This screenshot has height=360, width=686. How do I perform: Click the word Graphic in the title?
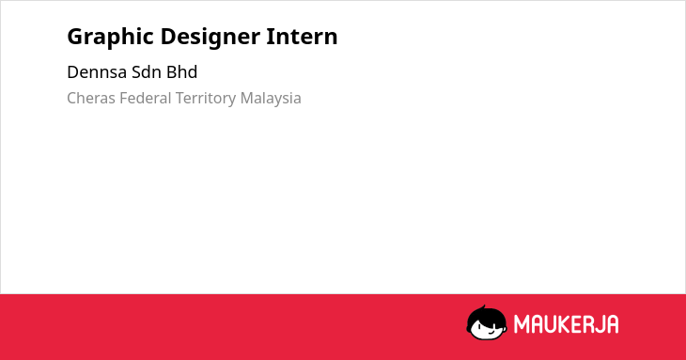point(110,37)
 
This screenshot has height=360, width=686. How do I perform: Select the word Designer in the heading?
point(210,37)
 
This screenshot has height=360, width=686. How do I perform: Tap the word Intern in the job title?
point(302,36)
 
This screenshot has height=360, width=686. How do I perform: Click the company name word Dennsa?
point(97,72)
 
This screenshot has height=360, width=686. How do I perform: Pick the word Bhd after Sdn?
point(181,72)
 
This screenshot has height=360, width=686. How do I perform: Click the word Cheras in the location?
point(90,98)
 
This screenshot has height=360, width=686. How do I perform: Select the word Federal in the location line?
point(146,98)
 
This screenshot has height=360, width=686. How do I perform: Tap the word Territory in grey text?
point(206,99)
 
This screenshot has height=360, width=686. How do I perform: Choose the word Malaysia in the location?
point(271,99)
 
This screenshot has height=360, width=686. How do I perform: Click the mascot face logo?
point(487,323)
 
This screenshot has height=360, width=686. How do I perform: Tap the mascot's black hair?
point(485,316)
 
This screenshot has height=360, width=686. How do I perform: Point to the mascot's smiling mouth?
point(491,333)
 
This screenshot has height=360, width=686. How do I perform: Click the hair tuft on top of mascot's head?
point(483,307)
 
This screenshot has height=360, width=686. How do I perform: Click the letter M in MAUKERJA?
point(522,324)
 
